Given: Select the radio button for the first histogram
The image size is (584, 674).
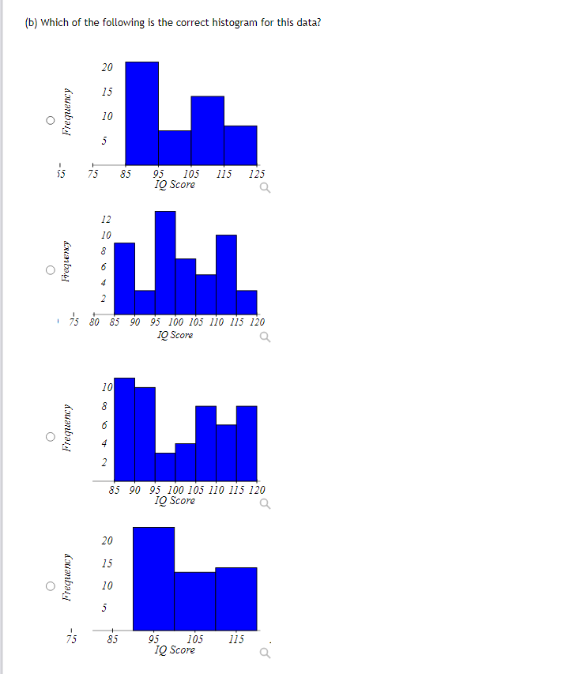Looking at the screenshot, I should click(x=50, y=121).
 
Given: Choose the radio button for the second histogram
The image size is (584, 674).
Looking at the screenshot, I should click(x=50, y=270).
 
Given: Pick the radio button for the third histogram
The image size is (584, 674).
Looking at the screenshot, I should click(x=50, y=436).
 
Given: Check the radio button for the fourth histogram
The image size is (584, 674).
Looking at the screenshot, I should click(x=50, y=586).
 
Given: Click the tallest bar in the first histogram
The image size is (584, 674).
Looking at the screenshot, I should click(x=141, y=111).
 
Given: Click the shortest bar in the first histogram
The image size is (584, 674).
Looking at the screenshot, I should click(x=175, y=146).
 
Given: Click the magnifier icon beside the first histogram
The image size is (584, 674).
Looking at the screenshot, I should click(x=263, y=188).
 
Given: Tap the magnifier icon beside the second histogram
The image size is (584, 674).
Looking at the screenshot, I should click(x=263, y=337).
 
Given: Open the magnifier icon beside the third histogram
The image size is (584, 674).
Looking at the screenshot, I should click(x=263, y=503).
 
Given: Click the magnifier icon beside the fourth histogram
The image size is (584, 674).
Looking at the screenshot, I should click(x=263, y=653).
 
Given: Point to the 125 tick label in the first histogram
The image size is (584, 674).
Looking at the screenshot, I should click(x=256, y=174).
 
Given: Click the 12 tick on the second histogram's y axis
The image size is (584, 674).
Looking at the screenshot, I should click(x=106, y=220).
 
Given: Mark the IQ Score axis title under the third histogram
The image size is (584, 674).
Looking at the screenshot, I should click(x=175, y=500).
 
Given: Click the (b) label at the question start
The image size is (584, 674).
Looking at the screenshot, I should click(x=31, y=22).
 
